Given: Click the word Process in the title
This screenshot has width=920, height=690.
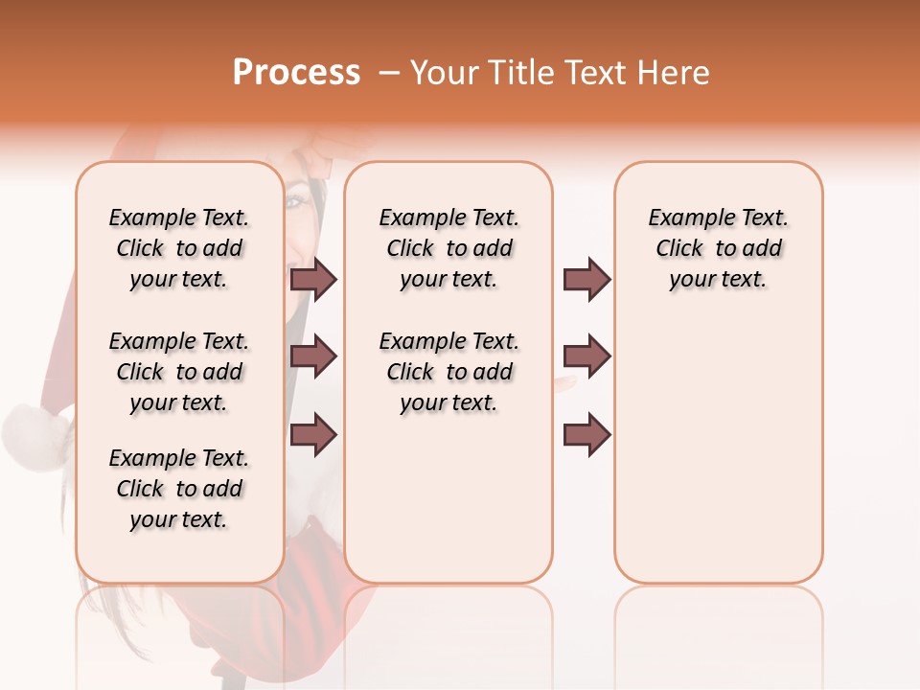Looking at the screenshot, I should pos(296,73).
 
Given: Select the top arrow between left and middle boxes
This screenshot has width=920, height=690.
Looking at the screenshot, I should pos(313,279).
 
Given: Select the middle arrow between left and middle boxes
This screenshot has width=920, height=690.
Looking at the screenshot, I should pos(313,356).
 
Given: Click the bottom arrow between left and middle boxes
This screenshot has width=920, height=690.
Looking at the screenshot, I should pos(313,434).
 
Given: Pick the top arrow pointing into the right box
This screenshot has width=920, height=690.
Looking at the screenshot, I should pos(586,279).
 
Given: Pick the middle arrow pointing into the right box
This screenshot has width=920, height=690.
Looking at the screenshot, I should pos(586,356).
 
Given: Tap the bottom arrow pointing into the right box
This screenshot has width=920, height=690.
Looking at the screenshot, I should pos(586,434).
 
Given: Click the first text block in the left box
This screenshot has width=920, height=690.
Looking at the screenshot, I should pos(179,248).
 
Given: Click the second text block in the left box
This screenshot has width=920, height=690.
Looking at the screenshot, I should pos(179,372).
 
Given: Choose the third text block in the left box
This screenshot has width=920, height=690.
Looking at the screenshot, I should pos(179,489).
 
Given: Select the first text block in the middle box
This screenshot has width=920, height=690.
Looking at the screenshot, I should pos(449,248).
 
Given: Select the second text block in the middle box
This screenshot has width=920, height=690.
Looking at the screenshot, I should pos(449,372).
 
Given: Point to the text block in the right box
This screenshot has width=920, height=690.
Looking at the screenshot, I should pos(719,248).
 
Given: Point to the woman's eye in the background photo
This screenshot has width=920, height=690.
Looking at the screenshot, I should pos(296,202).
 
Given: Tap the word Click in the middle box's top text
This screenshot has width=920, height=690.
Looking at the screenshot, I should pos(410,248).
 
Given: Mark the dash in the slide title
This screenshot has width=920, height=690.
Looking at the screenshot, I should pos(388,73).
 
